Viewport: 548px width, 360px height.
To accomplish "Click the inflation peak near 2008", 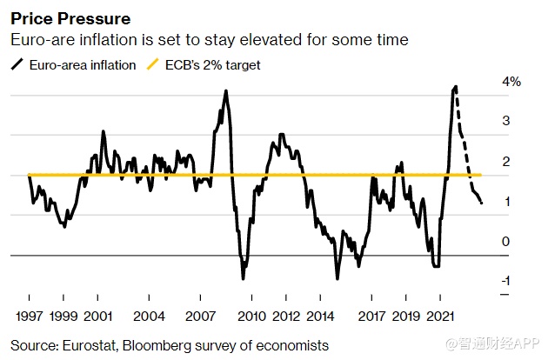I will point(226,91).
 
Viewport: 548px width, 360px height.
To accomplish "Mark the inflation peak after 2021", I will point(456,87).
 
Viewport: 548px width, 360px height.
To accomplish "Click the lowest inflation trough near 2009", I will point(244,277).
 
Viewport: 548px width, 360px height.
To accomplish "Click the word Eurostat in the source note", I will point(90,345).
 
